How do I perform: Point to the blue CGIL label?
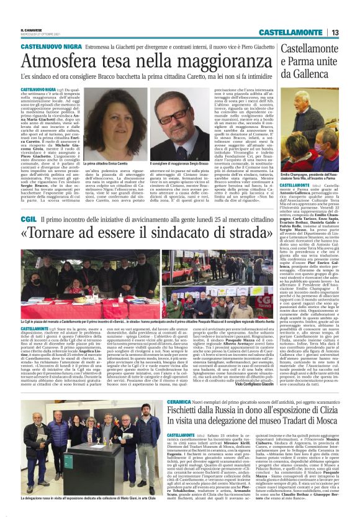(x=28, y=219)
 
